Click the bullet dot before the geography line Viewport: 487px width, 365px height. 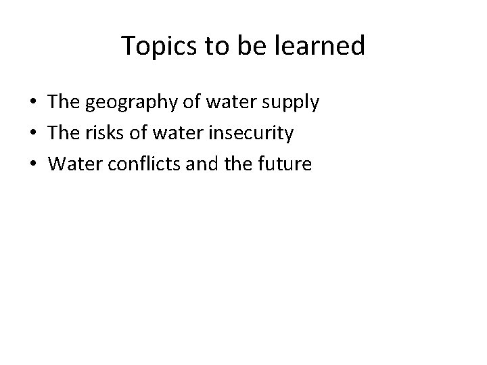[32, 103]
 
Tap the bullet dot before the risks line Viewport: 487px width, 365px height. [32, 134]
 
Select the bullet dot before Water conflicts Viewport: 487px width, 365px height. [32, 164]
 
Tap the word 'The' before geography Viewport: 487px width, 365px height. [64, 103]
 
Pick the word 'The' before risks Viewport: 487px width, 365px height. [64, 133]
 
